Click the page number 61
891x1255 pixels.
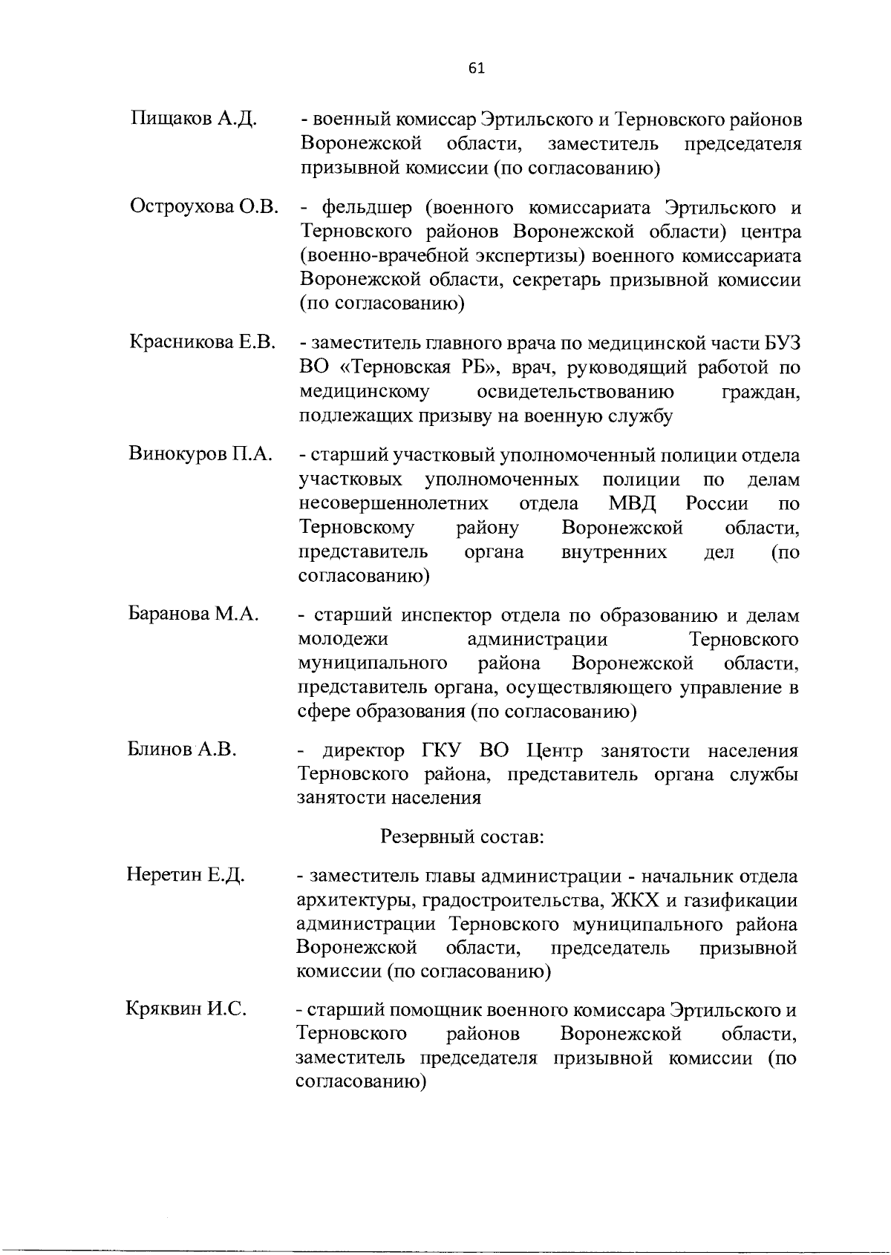click(477, 68)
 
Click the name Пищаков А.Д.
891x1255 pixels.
click(193, 119)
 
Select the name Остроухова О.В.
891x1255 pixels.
click(203, 208)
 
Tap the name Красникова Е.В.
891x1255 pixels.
click(203, 343)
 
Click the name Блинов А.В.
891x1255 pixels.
click(182, 750)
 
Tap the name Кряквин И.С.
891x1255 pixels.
click(186, 1009)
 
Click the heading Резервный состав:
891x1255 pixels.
click(463, 837)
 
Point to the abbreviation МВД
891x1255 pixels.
click(633, 503)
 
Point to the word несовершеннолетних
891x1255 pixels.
click(393, 503)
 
